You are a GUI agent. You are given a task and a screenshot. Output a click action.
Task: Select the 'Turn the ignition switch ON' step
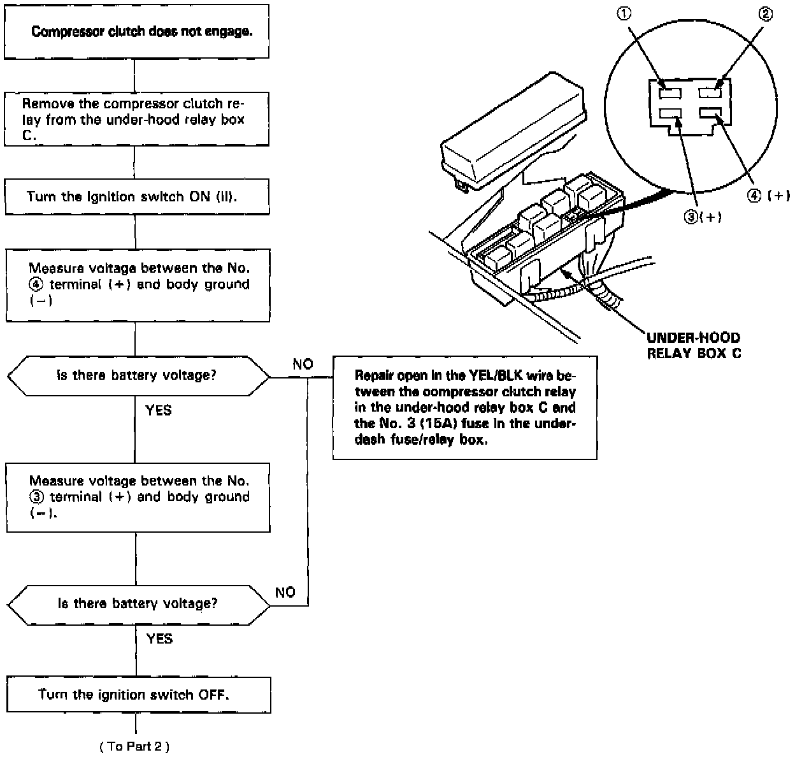coord(137,196)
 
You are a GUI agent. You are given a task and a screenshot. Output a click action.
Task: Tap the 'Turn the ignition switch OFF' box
coord(138,695)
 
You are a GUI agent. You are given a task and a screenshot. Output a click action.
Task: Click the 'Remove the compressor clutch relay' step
coord(137,120)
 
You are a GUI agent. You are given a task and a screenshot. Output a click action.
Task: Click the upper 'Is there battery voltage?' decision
coord(138,375)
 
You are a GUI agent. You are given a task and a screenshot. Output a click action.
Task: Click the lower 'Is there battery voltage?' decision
coord(138,603)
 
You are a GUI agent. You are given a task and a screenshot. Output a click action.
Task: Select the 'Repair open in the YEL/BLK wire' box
coord(465,407)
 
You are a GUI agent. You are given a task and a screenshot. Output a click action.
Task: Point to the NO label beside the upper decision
coord(303,364)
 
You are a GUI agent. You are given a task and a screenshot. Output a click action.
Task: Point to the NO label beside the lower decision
coord(285,593)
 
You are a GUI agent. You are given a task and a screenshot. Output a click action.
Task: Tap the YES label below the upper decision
coord(159,410)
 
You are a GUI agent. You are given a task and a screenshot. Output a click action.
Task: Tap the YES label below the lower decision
coord(159,638)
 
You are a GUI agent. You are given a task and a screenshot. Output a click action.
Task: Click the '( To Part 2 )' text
coord(134,746)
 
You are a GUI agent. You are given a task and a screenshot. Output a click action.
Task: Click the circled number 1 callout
coord(626,14)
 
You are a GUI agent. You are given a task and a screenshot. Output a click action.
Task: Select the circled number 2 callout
coord(766,14)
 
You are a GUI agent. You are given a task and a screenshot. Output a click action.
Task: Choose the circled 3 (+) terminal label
coord(703,216)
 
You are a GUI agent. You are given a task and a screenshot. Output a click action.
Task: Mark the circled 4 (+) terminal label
coord(769,196)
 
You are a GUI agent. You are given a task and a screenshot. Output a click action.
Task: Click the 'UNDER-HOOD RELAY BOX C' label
coord(694,345)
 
